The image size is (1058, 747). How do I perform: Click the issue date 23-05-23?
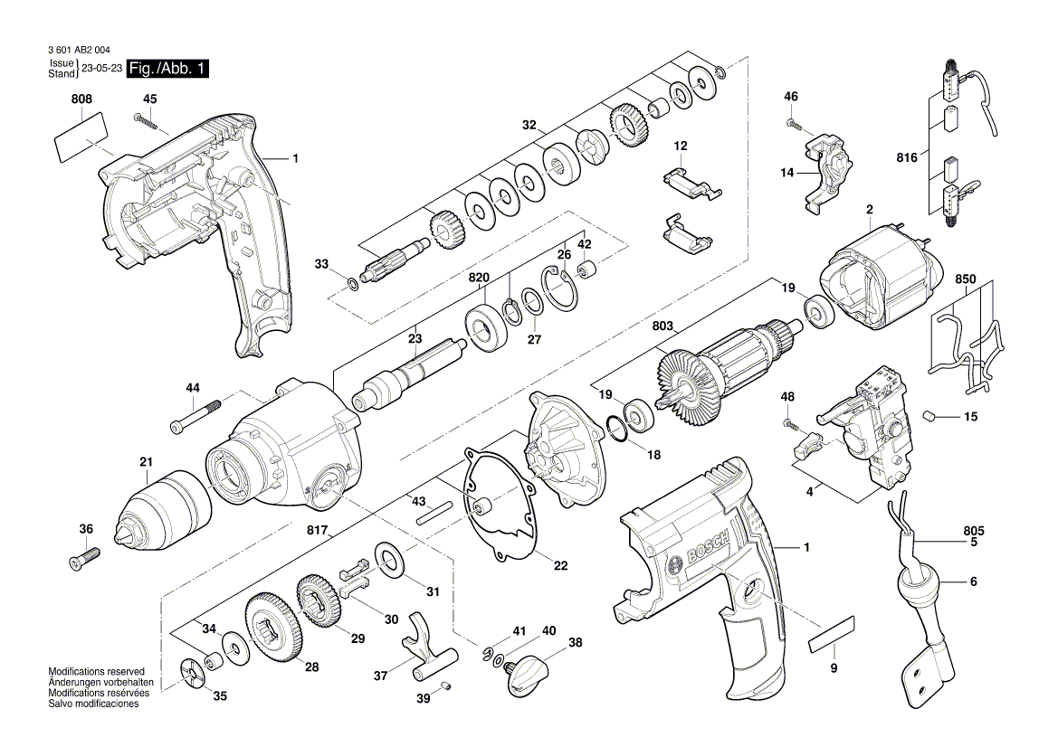point(102,69)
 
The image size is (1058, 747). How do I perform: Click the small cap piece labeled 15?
point(930,416)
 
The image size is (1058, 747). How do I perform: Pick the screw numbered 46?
point(791,121)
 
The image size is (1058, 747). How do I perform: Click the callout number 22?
point(561,566)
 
